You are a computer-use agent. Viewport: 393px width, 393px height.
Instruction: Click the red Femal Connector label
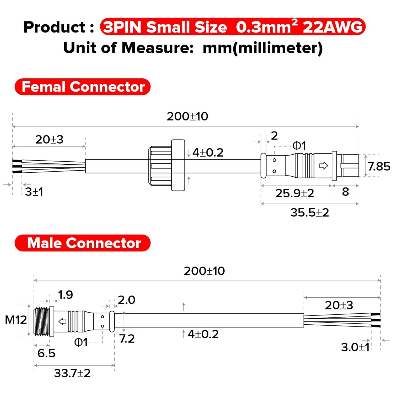tap(83, 87)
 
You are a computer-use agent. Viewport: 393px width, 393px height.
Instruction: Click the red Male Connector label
tap(83, 243)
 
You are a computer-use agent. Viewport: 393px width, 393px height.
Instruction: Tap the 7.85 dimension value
tap(379, 166)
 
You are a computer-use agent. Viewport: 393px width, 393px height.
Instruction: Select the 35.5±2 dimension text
tap(309, 212)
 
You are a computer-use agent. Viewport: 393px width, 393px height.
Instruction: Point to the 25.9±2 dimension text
tap(294, 193)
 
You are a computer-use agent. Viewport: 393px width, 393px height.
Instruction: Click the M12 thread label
tap(16, 320)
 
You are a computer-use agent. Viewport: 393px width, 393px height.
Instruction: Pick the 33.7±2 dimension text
tap(72, 373)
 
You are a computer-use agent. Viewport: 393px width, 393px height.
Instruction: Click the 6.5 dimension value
tap(46, 353)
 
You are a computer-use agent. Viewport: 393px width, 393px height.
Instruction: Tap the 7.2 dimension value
tap(127, 339)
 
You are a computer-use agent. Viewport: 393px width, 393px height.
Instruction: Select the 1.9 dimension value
tap(65, 295)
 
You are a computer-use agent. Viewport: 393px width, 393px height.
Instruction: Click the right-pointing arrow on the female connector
tap(324, 166)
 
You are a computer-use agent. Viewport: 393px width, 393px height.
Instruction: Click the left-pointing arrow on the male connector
tap(62, 321)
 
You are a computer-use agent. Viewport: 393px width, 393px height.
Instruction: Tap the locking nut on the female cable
tap(167, 166)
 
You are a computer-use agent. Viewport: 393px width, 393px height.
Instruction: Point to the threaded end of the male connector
tap(41, 321)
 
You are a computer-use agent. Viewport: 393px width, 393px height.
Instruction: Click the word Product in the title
tap(55, 27)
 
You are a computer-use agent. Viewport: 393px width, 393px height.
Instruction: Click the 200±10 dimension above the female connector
tap(187, 116)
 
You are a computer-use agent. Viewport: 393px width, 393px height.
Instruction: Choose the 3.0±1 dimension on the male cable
tap(355, 347)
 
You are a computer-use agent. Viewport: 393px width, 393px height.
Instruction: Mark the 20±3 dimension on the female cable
tap(49, 139)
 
